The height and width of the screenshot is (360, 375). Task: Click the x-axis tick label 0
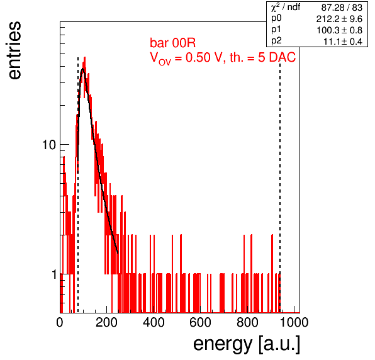coord(60,322)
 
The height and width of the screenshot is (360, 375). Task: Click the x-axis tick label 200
coord(106,322)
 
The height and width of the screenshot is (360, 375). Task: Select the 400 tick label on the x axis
coord(154,322)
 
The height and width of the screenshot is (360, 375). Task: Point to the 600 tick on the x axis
coord(201,322)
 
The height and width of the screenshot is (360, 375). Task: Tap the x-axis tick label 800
coord(247,322)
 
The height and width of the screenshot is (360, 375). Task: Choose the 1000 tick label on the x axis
coord(294,322)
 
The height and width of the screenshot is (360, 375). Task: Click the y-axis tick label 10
coord(49,145)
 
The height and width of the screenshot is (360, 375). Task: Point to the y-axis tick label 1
coord(54,274)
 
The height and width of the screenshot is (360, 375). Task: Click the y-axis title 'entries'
coord(15,50)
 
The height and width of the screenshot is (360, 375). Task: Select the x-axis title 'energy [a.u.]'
coord(247,345)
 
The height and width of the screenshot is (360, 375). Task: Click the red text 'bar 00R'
coord(172,43)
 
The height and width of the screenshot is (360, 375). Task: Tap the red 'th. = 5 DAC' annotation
coord(262,57)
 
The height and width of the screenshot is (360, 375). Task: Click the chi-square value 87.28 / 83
coord(342,8)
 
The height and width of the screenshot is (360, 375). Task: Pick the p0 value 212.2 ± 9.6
coord(339,19)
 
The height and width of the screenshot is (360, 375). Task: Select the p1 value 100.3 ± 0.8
coord(339,30)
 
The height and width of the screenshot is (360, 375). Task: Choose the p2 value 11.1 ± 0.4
coord(343,42)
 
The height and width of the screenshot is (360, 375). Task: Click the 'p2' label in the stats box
coord(276,41)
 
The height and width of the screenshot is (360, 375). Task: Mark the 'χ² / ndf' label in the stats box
coord(286,7)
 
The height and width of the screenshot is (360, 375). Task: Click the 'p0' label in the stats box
coord(276,18)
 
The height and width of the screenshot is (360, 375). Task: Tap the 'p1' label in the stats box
coord(276,30)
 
